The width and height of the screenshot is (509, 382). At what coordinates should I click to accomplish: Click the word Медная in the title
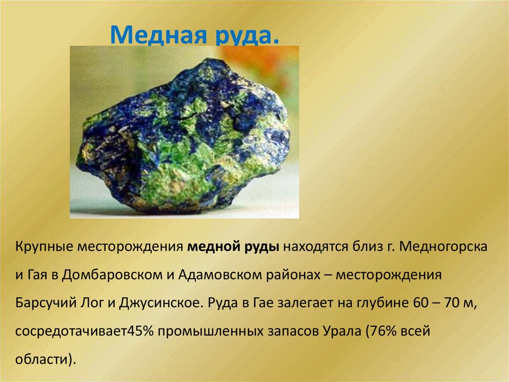click(x=149, y=35)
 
